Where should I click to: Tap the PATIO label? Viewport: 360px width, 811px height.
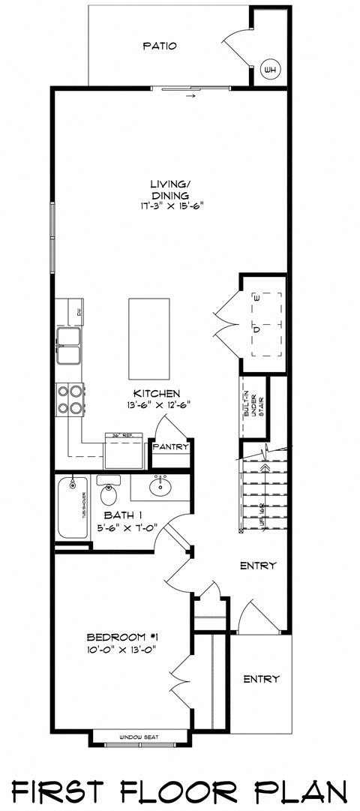tap(160, 46)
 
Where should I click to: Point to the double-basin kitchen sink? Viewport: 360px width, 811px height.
tap(69, 346)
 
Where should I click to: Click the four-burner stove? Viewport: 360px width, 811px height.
tap(69, 399)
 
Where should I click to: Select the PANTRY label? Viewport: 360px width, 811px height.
tap(170, 447)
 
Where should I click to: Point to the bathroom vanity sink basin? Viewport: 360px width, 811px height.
tap(159, 488)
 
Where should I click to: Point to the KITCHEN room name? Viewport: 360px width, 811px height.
tap(156, 394)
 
